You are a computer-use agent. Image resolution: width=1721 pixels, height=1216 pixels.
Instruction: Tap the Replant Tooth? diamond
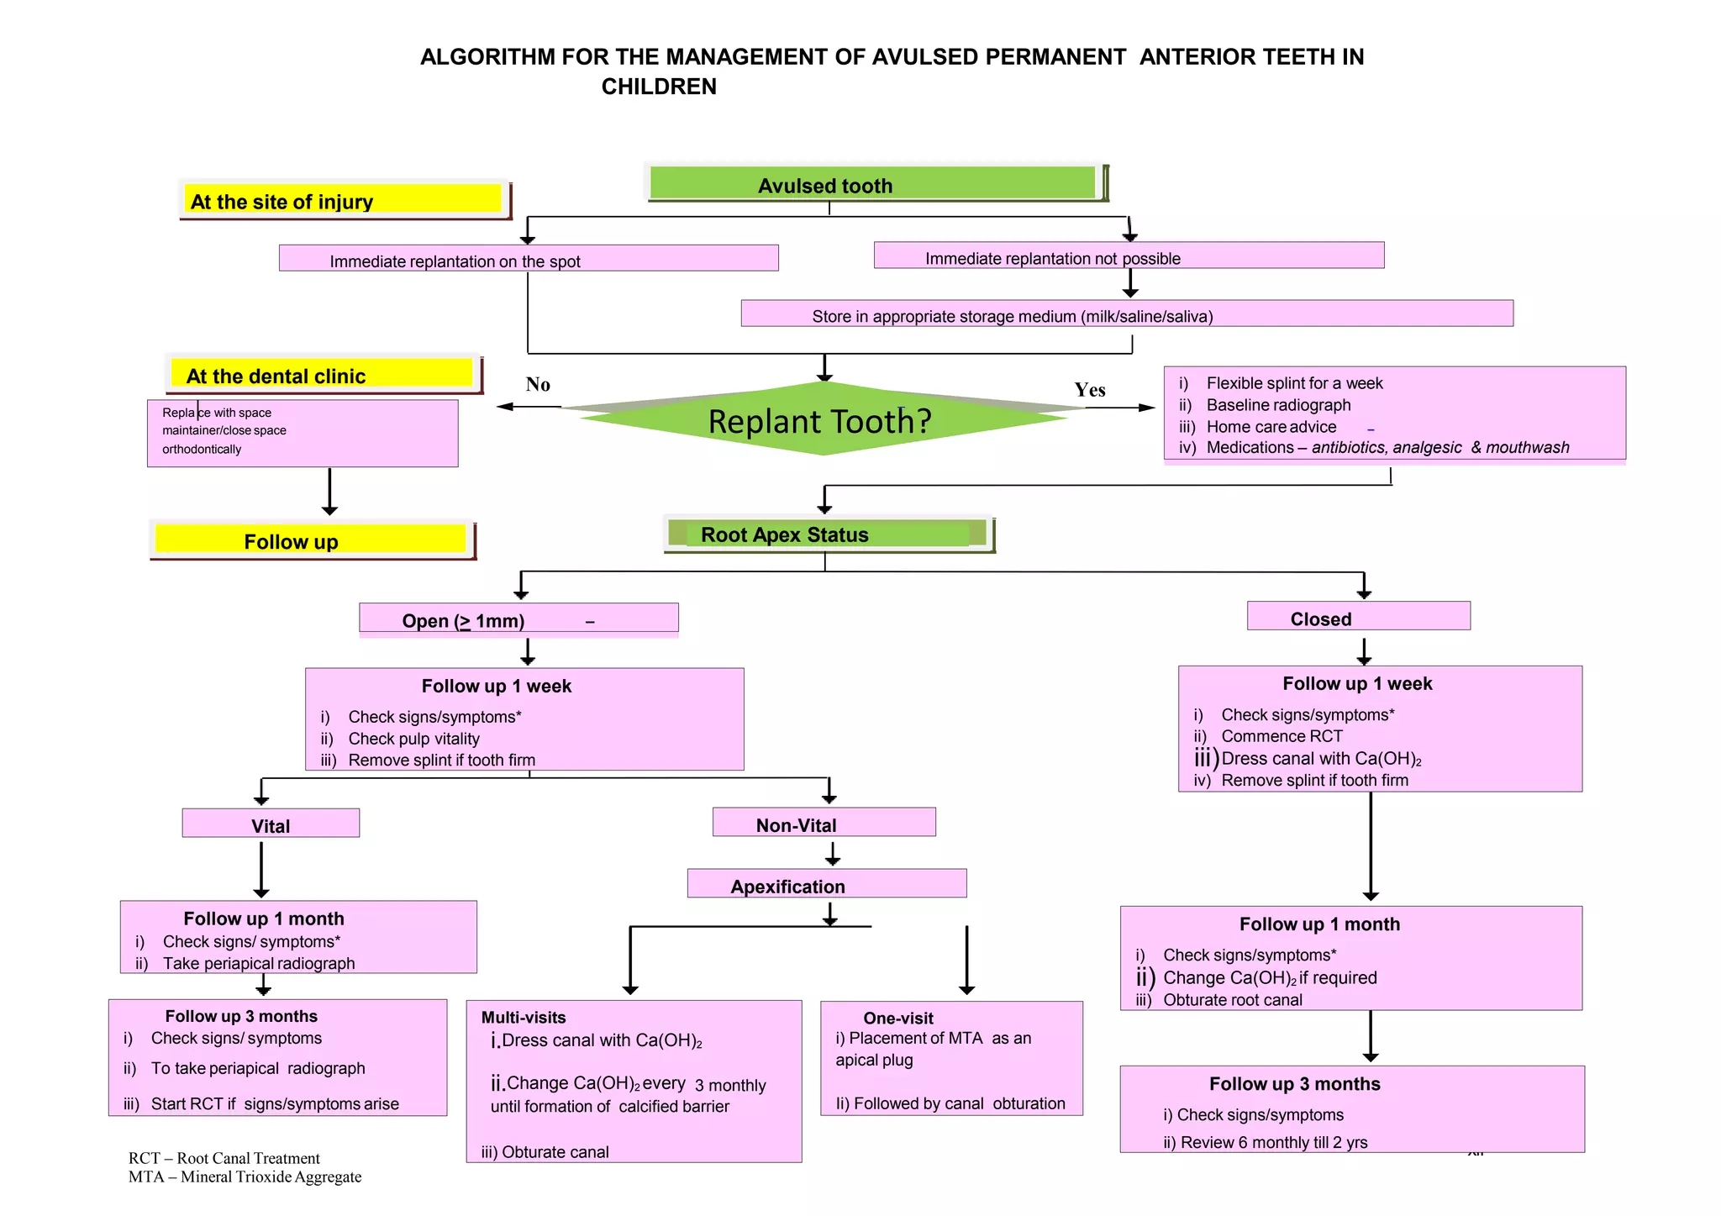[x=820, y=420]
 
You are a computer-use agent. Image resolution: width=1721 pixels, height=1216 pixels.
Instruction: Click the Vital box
[x=271, y=824]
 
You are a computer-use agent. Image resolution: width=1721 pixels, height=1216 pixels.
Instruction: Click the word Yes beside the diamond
[x=1089, y=390]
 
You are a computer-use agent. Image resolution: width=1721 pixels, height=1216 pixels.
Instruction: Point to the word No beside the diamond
[x=538, y=384]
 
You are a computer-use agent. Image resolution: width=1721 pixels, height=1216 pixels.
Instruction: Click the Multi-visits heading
[x=524, y=1017]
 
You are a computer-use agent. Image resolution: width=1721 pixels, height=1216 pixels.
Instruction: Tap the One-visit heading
[x=898, y=1018]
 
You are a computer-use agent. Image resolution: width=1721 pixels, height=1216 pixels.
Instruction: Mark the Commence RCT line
[x=1282, y=736]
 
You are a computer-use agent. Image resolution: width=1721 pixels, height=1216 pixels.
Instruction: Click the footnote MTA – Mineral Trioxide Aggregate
[x=245, y=1177]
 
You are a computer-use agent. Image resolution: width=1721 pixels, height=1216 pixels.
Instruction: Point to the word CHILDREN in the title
[x=659, y=87]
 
